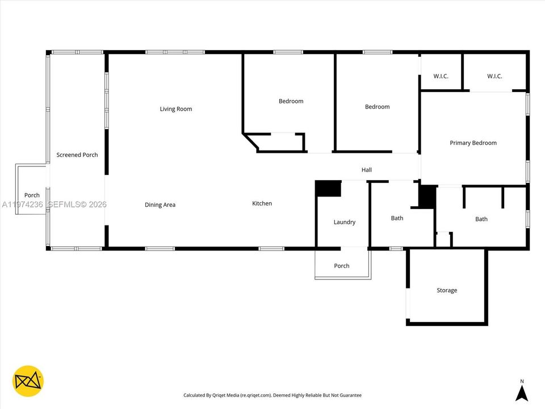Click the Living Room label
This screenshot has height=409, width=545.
pos(176,109)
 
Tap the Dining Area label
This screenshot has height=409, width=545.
pos(160,205)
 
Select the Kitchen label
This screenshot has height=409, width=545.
pos(262,203)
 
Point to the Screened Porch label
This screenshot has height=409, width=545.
pos(77,155)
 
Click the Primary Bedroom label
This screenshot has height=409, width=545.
pos(473,143)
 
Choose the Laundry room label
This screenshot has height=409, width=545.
pos(345,222)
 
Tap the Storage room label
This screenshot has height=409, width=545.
pos(447,290)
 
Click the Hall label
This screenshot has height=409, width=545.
pos(367,170)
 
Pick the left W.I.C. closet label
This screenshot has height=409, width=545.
pos(441,76)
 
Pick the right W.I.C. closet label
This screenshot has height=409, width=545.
pos(494,76)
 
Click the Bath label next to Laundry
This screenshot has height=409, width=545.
pos(397,218)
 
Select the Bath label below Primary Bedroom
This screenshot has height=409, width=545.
pos(481,219)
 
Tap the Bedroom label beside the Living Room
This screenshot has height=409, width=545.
pos(291,101)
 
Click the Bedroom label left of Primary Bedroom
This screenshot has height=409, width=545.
pos(378,107)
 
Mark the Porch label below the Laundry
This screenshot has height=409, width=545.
pos(342,266)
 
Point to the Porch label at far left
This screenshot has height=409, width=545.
pos(32,195)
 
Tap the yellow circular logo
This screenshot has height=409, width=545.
pos(28,381)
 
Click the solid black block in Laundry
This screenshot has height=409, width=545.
pos(328,189)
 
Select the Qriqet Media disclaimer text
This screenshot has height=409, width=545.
pos(272,395)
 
